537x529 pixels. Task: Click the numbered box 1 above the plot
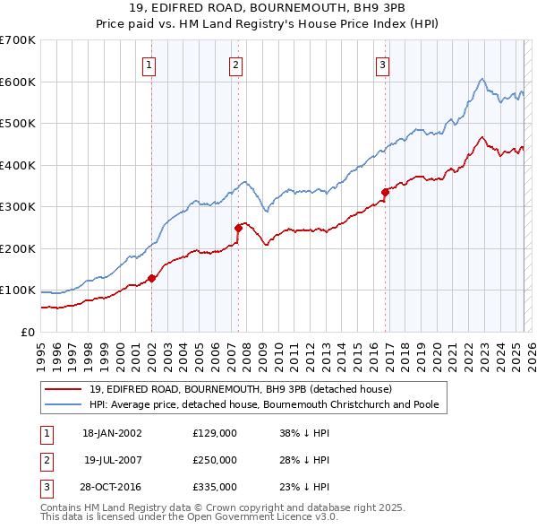click(149, 64)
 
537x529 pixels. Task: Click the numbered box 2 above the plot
click(234, 64)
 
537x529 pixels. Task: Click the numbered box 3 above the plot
click(382, 64)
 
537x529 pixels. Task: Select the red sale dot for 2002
click(152, 278)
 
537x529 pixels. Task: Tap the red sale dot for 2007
click(239, 228)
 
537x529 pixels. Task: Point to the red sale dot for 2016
click(386, 191)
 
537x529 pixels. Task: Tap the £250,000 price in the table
click(215, 460)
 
